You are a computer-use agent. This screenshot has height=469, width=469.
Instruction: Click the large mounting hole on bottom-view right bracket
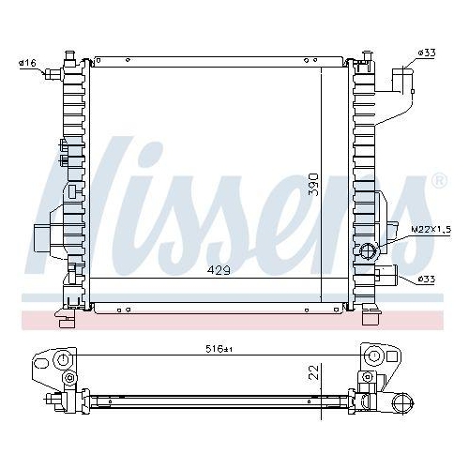(372, 356)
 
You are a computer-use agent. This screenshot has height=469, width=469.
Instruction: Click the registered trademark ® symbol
(439, 179)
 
